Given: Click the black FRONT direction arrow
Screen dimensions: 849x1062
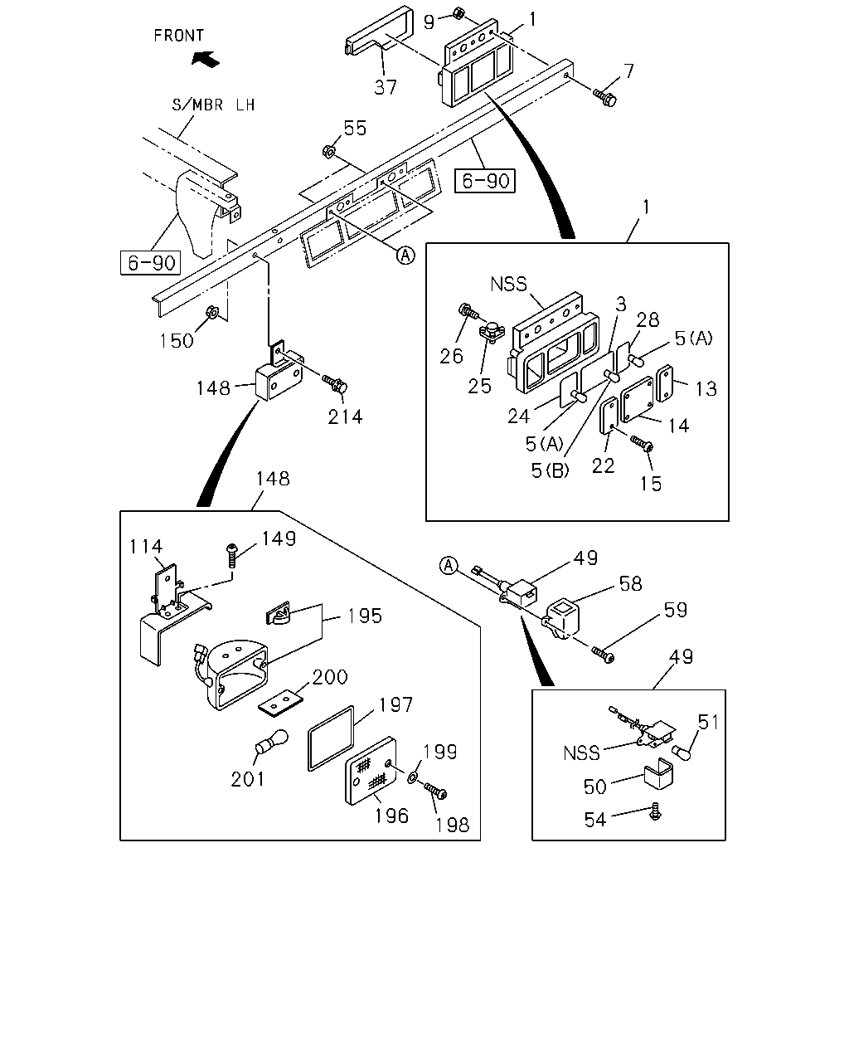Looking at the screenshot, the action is tap(206, 59).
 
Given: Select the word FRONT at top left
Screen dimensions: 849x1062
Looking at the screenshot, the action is tap(178, 36).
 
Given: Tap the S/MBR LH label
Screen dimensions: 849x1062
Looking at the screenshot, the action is tap(213, 105).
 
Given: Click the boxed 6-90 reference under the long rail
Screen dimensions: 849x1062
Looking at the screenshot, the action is tap(485, 181).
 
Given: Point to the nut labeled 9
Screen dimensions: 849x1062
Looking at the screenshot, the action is tap(458, 13).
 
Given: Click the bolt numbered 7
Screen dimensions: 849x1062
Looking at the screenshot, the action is tap(604, 97).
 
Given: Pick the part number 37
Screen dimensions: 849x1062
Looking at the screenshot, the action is tap(386, 88).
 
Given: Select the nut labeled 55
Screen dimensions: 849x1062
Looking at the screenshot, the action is tap(328, 151).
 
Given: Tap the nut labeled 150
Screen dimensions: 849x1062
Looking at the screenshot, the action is tap(212, 312).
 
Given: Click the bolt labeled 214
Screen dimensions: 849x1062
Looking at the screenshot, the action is tap(335, 383).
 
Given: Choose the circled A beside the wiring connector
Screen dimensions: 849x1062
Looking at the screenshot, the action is tap(449, 566).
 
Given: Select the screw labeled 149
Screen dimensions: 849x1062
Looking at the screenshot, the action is tap(231, 556).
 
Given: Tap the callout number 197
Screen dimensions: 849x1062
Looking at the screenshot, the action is tap(395, 705).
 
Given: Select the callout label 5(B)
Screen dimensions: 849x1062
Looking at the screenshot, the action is tap(550, 470).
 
